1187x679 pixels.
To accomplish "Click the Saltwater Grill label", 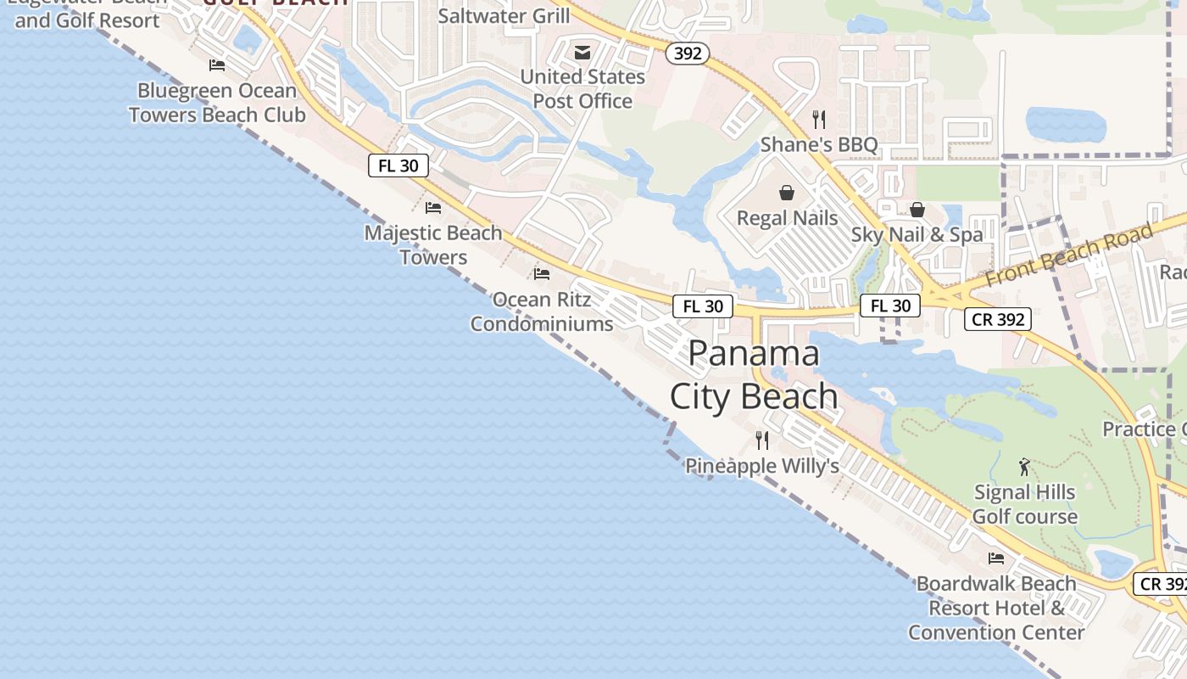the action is [504, 16].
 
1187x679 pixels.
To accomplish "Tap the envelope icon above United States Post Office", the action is [582, 53].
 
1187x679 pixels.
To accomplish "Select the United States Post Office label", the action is [582, 89].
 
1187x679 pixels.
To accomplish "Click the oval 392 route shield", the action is [687, 53].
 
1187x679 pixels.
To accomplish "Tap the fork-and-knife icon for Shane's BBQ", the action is [819, 120].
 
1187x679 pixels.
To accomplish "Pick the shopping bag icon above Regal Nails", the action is [787, 193].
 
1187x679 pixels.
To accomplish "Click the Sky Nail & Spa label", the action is [917, 235].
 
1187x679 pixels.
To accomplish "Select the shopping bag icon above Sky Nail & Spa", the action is [917, 210].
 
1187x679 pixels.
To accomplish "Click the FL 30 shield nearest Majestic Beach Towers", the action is [398, 166].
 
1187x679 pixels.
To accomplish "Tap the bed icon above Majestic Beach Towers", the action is [433, 207].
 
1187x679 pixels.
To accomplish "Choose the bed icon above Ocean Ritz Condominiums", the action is [541, 273].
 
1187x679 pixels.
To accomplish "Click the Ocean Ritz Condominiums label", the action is [542, 311].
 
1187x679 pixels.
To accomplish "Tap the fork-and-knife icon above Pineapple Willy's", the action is [762, 440].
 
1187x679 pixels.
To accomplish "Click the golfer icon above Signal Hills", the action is [1024, 467].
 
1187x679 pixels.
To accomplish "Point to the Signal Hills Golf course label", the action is [1024, 504].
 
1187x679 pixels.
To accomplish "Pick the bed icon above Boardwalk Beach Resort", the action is [996, 558].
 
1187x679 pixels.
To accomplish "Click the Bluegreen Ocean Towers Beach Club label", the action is [217, 103].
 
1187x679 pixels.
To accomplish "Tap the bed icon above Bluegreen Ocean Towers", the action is [217, 65].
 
